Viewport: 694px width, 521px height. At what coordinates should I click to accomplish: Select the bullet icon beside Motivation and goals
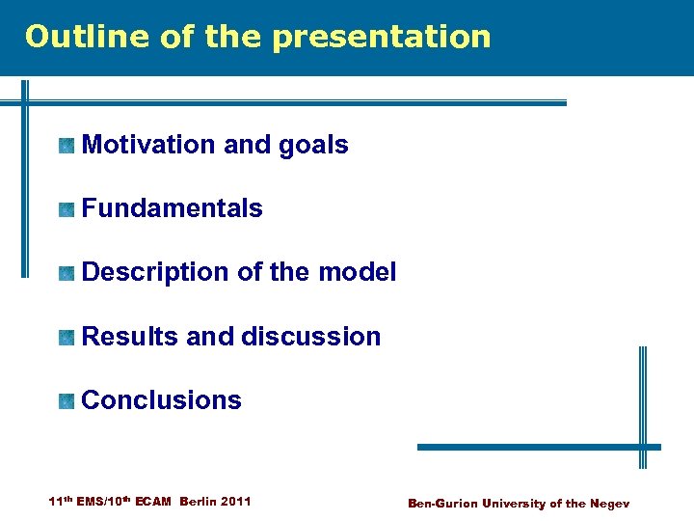pyautogui.click(x=66, y=146)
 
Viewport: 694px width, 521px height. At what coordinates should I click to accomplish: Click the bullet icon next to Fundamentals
pyautogui.click(x=66, y=209)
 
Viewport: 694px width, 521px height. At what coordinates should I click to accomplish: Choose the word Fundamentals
pyautogui.click(x=173, y=208)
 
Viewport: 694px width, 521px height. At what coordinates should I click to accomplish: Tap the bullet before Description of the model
pyautogui.click(x=66, y=273)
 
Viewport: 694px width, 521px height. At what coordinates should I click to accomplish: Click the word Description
pyautogui.click(x=156, y=273)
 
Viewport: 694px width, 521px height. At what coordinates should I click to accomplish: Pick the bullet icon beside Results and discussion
pyautogui.click(x=66, y=338)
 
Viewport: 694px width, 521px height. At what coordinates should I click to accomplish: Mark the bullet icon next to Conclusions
pyautogui.click(x=66, y=401)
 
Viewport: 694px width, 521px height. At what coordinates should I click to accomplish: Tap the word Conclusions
pyautogui.click(x=162, y=400)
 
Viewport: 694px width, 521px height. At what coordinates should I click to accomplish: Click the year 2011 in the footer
pyautogui.click(x=236, y=502)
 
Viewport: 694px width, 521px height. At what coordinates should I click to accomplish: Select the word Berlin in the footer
pyautogui.click(x=199, y=502)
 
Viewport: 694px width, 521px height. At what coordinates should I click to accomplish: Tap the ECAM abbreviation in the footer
pyautogui.click(x=153, y=502)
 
